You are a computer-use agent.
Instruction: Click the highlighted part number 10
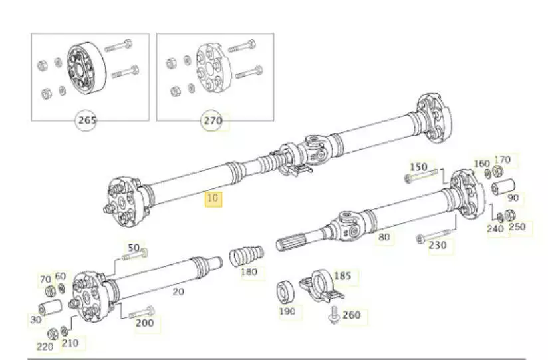[213, 199]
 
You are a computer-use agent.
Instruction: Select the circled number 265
[88, 121]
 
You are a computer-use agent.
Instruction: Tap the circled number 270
[213, 121]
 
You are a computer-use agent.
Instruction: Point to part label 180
[249, 271]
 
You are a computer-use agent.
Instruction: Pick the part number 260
[351, 315]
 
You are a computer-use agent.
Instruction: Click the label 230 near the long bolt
[437, 245]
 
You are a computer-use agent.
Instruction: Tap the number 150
[418, 166]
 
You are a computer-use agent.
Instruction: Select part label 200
[144, 323]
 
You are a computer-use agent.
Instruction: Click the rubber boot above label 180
[247, 255]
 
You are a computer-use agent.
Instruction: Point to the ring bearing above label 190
[287, 291]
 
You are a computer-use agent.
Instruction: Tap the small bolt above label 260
[333, 311]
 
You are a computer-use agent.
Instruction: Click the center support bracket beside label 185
[321, 284]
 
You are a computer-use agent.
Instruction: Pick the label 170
[503, 160]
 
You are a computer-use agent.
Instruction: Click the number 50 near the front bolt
[134, 249]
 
